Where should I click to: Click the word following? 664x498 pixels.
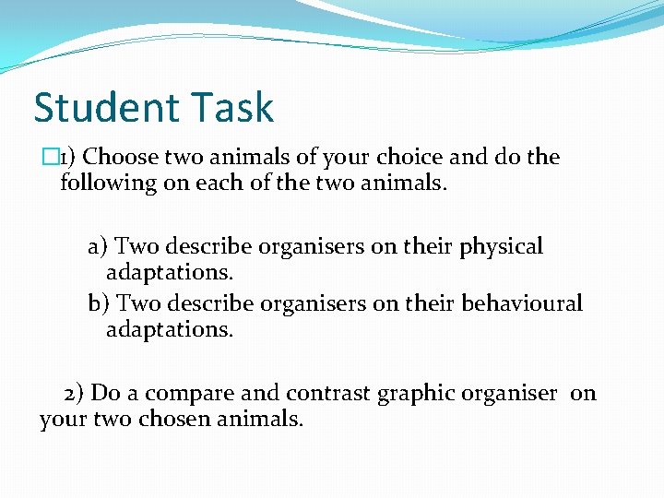click(108, 183)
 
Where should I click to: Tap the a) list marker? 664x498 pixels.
click(99, 247)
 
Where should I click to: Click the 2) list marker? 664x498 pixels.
click(75, 394)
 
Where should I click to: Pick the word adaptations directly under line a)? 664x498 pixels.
click(170, 274)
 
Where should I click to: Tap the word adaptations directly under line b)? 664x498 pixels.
click(170, 330)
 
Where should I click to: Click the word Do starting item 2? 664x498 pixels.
click(107, 394)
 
